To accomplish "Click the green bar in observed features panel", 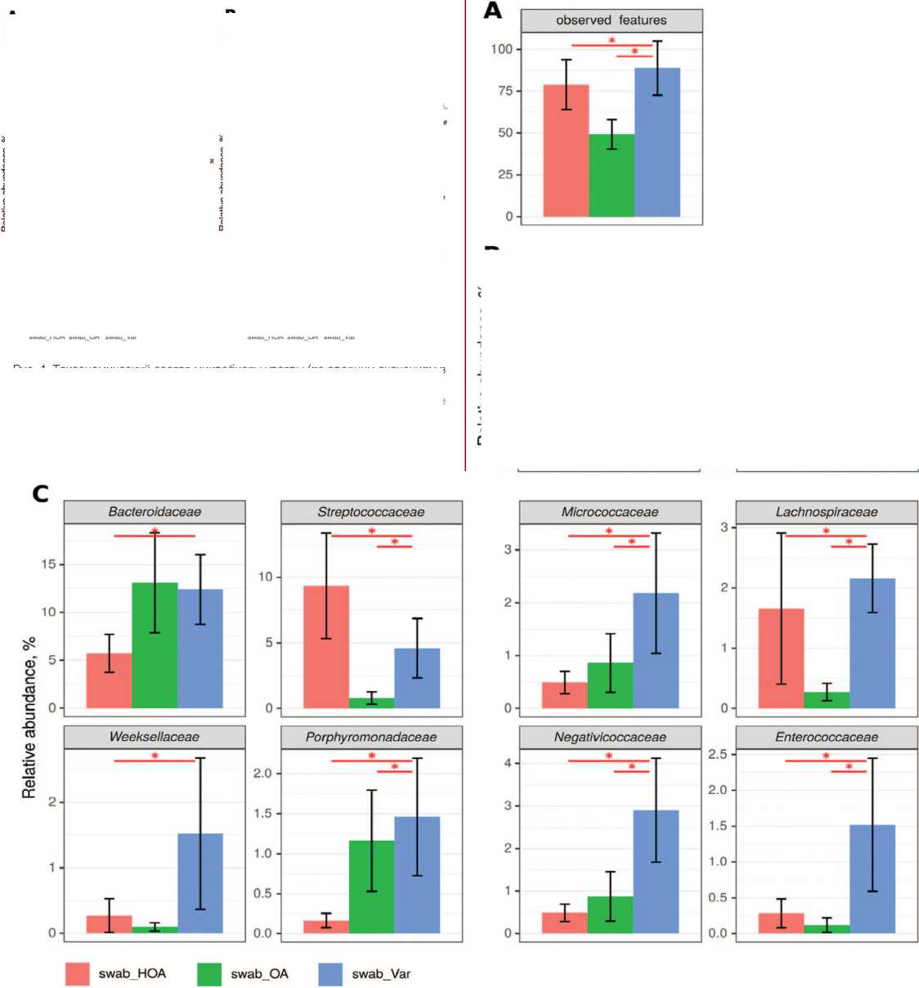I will click(x=612, y=175).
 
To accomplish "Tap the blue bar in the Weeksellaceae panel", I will click(x=200, y=883).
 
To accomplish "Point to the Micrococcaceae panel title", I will click(x=610, y=512).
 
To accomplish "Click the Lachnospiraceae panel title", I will click(x=827, y=512).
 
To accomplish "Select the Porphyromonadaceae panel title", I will click(x=371, y=737).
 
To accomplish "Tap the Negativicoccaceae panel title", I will click(x=610, y=737).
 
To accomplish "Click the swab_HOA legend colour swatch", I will click(x=77, y=974).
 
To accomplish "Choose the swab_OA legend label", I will click(x=259, y=974).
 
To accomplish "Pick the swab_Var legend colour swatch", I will click(x=330, y=974).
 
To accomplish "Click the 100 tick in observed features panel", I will click(x=501, y=49).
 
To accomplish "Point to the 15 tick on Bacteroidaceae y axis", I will click(x=49, y=564).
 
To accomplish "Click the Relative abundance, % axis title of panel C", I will click(x=29, y=718).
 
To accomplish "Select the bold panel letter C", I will click(x=40, y=493).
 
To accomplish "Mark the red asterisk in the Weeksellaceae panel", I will click(x=155, y=757).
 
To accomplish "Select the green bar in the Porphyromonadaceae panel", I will click(x=371, y=887).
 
